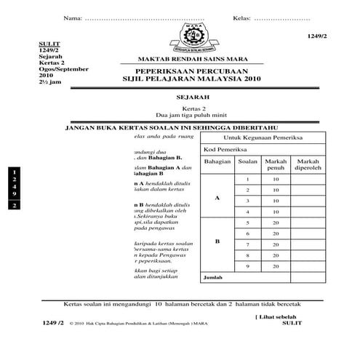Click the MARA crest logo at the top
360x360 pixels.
click(x=192, y=36)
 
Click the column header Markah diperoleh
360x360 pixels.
click(x=308, y=165)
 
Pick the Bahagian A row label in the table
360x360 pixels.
click(x=217, y=197)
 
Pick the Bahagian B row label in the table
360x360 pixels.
click(x=217, y=241)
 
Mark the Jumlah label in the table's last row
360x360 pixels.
click(x=214, y=278)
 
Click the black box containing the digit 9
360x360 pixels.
click(x=12, y=193)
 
